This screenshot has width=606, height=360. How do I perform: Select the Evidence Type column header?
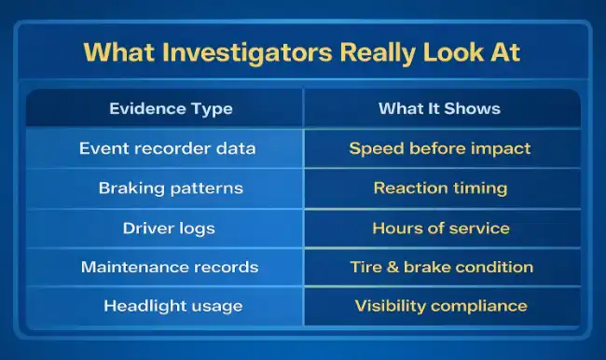point(171,109)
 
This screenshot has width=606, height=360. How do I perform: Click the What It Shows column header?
point(439,109)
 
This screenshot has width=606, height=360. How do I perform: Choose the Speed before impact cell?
point(440,148)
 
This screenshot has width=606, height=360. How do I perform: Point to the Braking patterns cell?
point(171,187)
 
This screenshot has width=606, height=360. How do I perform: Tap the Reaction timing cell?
point(440,187)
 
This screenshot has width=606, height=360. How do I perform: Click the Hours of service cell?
point(440,228)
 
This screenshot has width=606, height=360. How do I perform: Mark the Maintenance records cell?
point(171,267)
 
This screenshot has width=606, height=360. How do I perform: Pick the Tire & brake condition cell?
point(440,267)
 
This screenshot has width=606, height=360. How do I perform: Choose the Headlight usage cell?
point(171,306)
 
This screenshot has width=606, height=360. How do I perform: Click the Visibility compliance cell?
point(440,306)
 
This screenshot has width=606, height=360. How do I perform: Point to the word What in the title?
point(117,52)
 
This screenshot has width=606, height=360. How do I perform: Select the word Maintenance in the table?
point(128,267)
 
